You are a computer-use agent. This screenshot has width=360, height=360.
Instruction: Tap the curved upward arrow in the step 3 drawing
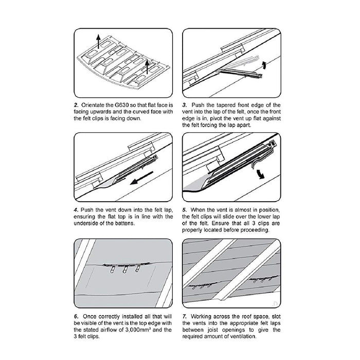pyautogui.click(x=264, y=65)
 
